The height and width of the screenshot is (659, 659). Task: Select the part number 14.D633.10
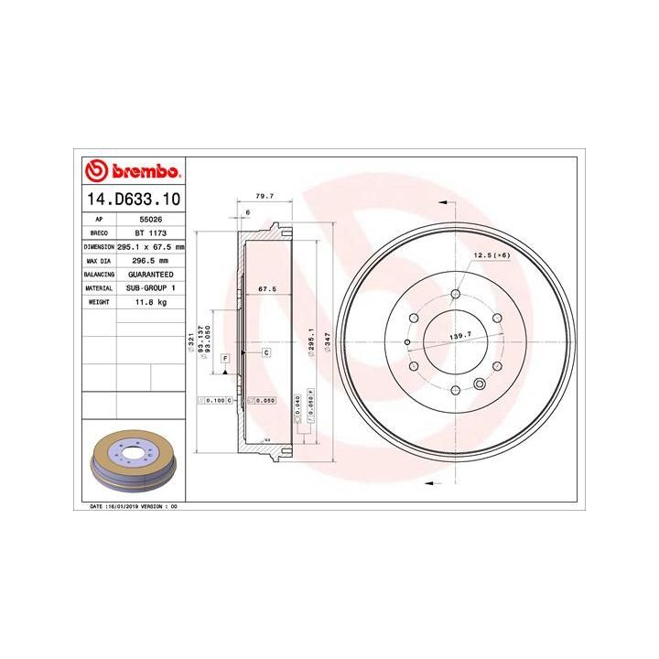click(134, 199)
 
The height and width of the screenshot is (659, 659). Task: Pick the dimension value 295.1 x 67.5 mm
click(151, 247)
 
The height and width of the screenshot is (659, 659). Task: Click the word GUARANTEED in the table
click(151, 274)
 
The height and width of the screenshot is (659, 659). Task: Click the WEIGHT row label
click(99, 301)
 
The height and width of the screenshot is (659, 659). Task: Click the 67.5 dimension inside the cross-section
click(268, 289)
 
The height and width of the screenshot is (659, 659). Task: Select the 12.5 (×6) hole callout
click(491, 254)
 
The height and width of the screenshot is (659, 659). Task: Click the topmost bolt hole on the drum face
click(455, 294)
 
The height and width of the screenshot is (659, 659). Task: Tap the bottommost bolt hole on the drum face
click(455, 391)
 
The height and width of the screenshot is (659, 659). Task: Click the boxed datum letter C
click(266, 352)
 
